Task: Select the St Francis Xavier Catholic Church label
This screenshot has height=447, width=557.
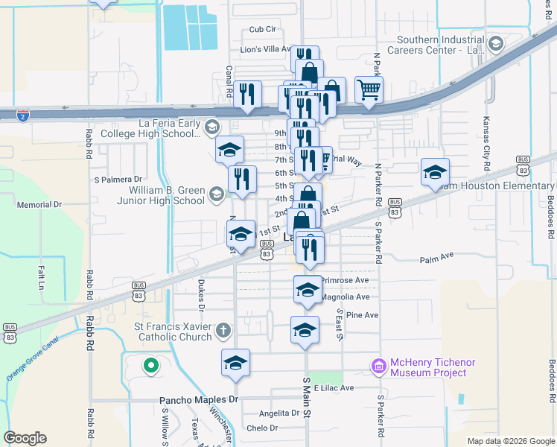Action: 175,331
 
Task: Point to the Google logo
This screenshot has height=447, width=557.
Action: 25,438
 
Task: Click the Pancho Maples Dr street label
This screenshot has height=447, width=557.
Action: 198,400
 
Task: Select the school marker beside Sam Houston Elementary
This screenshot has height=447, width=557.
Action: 435,173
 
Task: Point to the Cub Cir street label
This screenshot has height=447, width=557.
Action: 263,29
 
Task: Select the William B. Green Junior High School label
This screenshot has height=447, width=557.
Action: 161,195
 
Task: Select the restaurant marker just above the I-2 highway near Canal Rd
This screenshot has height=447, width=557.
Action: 248,95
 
